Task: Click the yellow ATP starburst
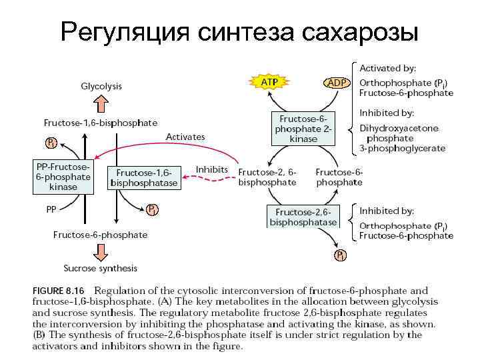coord(269,81)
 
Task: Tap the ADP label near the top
coord(335,82)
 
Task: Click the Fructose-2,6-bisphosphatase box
coord(303,216)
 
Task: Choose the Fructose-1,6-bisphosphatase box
coord(144,177)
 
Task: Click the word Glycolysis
coord(101,86)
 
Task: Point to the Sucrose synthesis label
coord(100,268)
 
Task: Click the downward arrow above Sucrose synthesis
coord(101,251)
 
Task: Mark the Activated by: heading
coord(388,68)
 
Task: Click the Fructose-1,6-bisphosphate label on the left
coord(101,123)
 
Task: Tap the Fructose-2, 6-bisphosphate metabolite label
coord(267,177)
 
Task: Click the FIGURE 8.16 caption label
coord(60,291)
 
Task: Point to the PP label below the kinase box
coord(51,208)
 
